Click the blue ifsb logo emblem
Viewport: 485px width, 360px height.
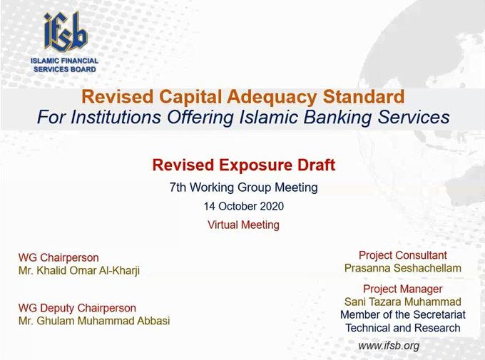[66, 31]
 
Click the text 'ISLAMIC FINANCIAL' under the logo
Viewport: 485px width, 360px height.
[64, 61]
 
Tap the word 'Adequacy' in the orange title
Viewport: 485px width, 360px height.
[272, 96]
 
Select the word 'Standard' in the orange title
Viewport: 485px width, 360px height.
[364, 96]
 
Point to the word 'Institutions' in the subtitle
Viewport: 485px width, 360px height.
[116, 117]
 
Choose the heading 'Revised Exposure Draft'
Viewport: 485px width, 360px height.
[244, 165]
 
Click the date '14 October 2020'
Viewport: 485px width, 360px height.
[244, 206]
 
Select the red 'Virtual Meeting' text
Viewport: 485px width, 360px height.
[243, 225]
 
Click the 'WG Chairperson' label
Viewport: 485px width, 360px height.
[58, 257]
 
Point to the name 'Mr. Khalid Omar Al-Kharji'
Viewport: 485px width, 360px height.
[79, 271]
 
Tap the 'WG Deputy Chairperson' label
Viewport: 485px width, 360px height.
[77, 308]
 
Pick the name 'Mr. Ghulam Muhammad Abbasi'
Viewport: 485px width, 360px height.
[94, 321]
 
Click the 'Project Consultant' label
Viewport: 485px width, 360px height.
[403, 255]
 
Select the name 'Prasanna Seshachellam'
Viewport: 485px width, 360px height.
[403, 268]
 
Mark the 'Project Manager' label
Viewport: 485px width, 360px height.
[403, 289]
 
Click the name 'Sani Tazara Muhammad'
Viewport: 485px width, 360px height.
[403, 302]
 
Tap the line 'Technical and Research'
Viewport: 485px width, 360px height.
[403, 328]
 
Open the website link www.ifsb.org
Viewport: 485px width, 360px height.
[389, 346]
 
